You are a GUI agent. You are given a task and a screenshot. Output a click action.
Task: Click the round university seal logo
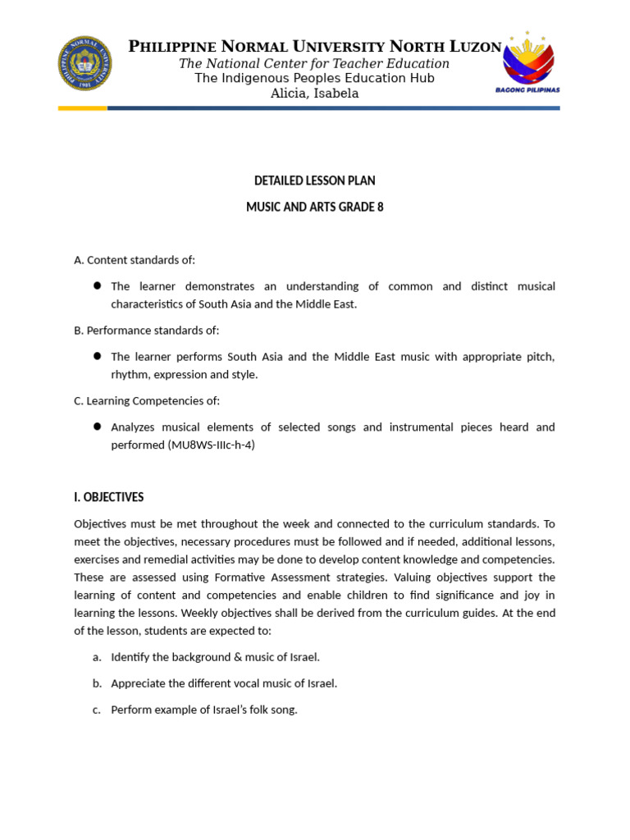coord(84,63)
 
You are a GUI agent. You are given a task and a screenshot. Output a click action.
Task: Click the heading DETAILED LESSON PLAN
coord(315,180)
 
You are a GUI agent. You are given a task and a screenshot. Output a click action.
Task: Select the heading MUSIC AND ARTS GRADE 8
coord(315,208)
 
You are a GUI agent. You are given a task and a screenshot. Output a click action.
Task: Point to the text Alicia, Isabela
coord(315,94)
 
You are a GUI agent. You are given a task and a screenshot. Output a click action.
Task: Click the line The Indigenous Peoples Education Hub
coord(315,78)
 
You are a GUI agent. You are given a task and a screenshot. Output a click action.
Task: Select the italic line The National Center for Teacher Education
coord(315,63)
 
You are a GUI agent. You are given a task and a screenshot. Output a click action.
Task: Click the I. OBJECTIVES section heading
coord(108,497)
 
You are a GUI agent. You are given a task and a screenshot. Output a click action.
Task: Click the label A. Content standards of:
coord(135,260)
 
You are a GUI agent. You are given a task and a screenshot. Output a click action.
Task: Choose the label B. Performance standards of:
coord(146,330)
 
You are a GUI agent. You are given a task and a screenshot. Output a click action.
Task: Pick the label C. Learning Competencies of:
coord(147,400)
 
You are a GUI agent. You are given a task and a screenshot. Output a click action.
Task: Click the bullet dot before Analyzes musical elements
coord(97,427)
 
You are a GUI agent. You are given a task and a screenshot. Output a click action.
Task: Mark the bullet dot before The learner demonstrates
coord(97,285)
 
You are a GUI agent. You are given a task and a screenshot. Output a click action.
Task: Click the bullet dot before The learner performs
coord(97,356)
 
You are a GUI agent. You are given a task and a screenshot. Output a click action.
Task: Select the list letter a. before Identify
coord(96,657)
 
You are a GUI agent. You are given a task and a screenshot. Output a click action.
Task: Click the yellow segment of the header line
coord(82,107)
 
